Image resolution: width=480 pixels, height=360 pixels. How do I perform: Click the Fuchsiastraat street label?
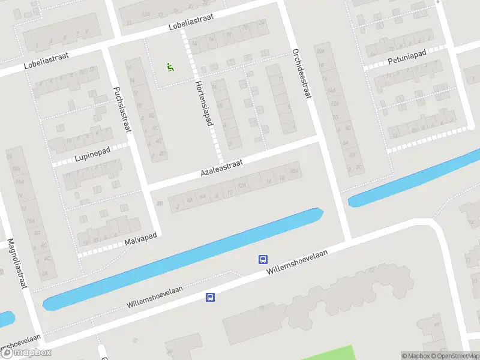click(x=122, y=109)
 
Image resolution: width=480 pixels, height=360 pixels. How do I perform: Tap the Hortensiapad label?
click(x=204, y=103)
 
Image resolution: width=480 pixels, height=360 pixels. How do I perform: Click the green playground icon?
click(x=170, y=67)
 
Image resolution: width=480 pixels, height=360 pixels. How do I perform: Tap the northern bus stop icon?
click(x=263, y=259)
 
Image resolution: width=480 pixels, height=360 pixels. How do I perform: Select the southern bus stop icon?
click(x=210, y=297)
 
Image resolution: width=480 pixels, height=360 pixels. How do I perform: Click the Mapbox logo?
click(x=26, y=353)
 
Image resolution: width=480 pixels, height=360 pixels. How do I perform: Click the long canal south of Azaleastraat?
click(x=180, y=258)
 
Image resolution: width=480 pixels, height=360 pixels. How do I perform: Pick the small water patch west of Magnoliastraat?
click(x=5, y=319)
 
